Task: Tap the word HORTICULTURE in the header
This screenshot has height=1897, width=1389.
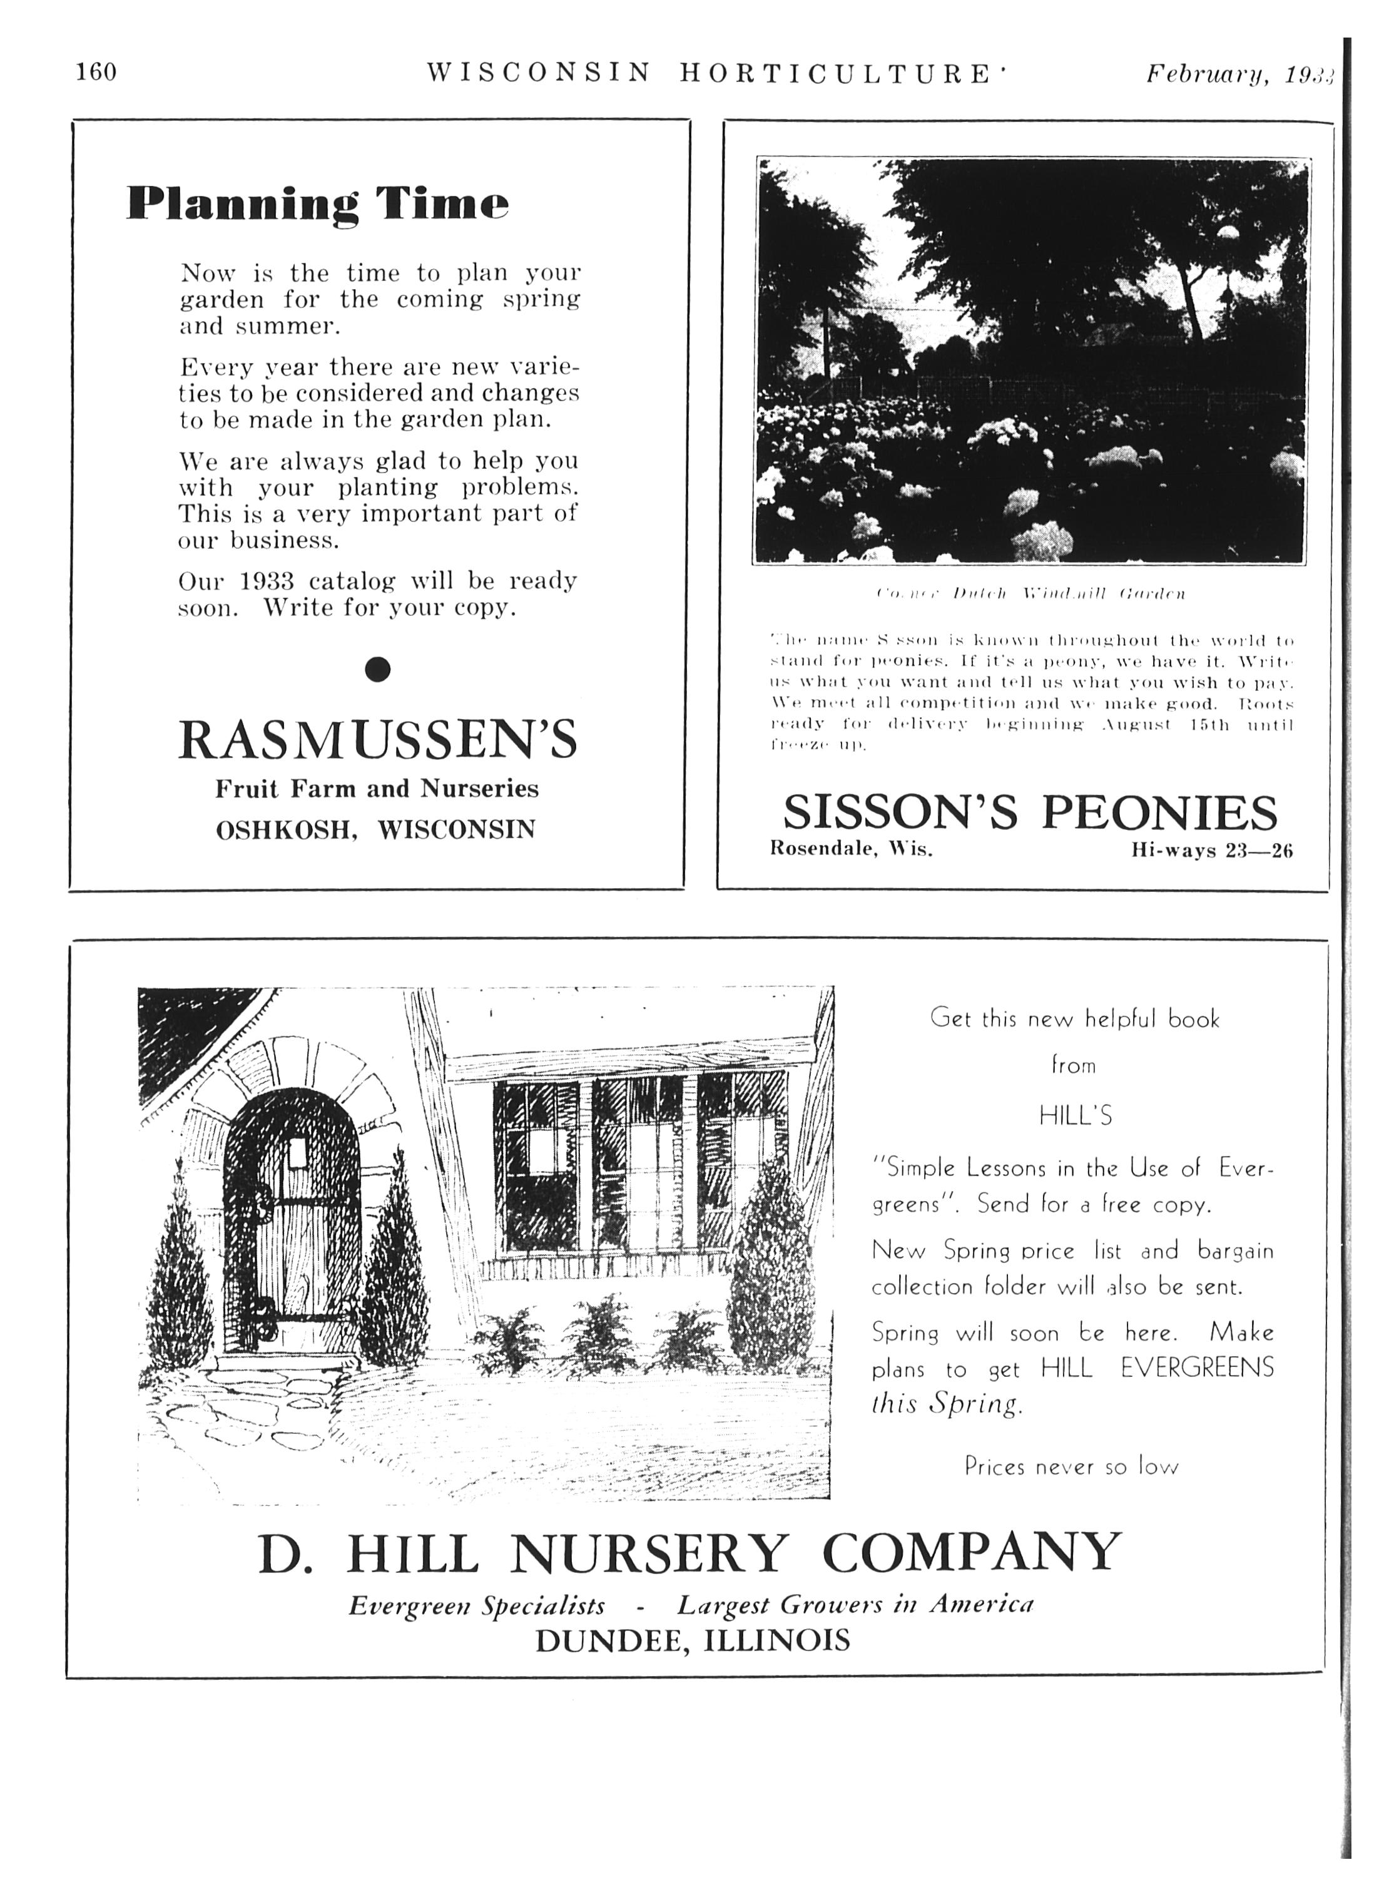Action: [x=836, y=74]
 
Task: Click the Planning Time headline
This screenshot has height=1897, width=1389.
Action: [x=318, y=204]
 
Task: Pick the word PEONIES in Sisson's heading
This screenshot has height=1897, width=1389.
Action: [x=1159, y=812]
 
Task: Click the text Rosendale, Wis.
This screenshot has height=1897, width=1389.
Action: [x=851, y=849]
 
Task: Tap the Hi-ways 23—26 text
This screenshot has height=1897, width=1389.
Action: [x=1211, y=850]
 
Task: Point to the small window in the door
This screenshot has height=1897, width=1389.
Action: [x=295, y=1153]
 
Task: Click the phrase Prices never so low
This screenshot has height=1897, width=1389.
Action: [x=1071, y=1467]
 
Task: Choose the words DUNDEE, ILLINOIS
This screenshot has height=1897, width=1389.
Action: [x=692, y=1640]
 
